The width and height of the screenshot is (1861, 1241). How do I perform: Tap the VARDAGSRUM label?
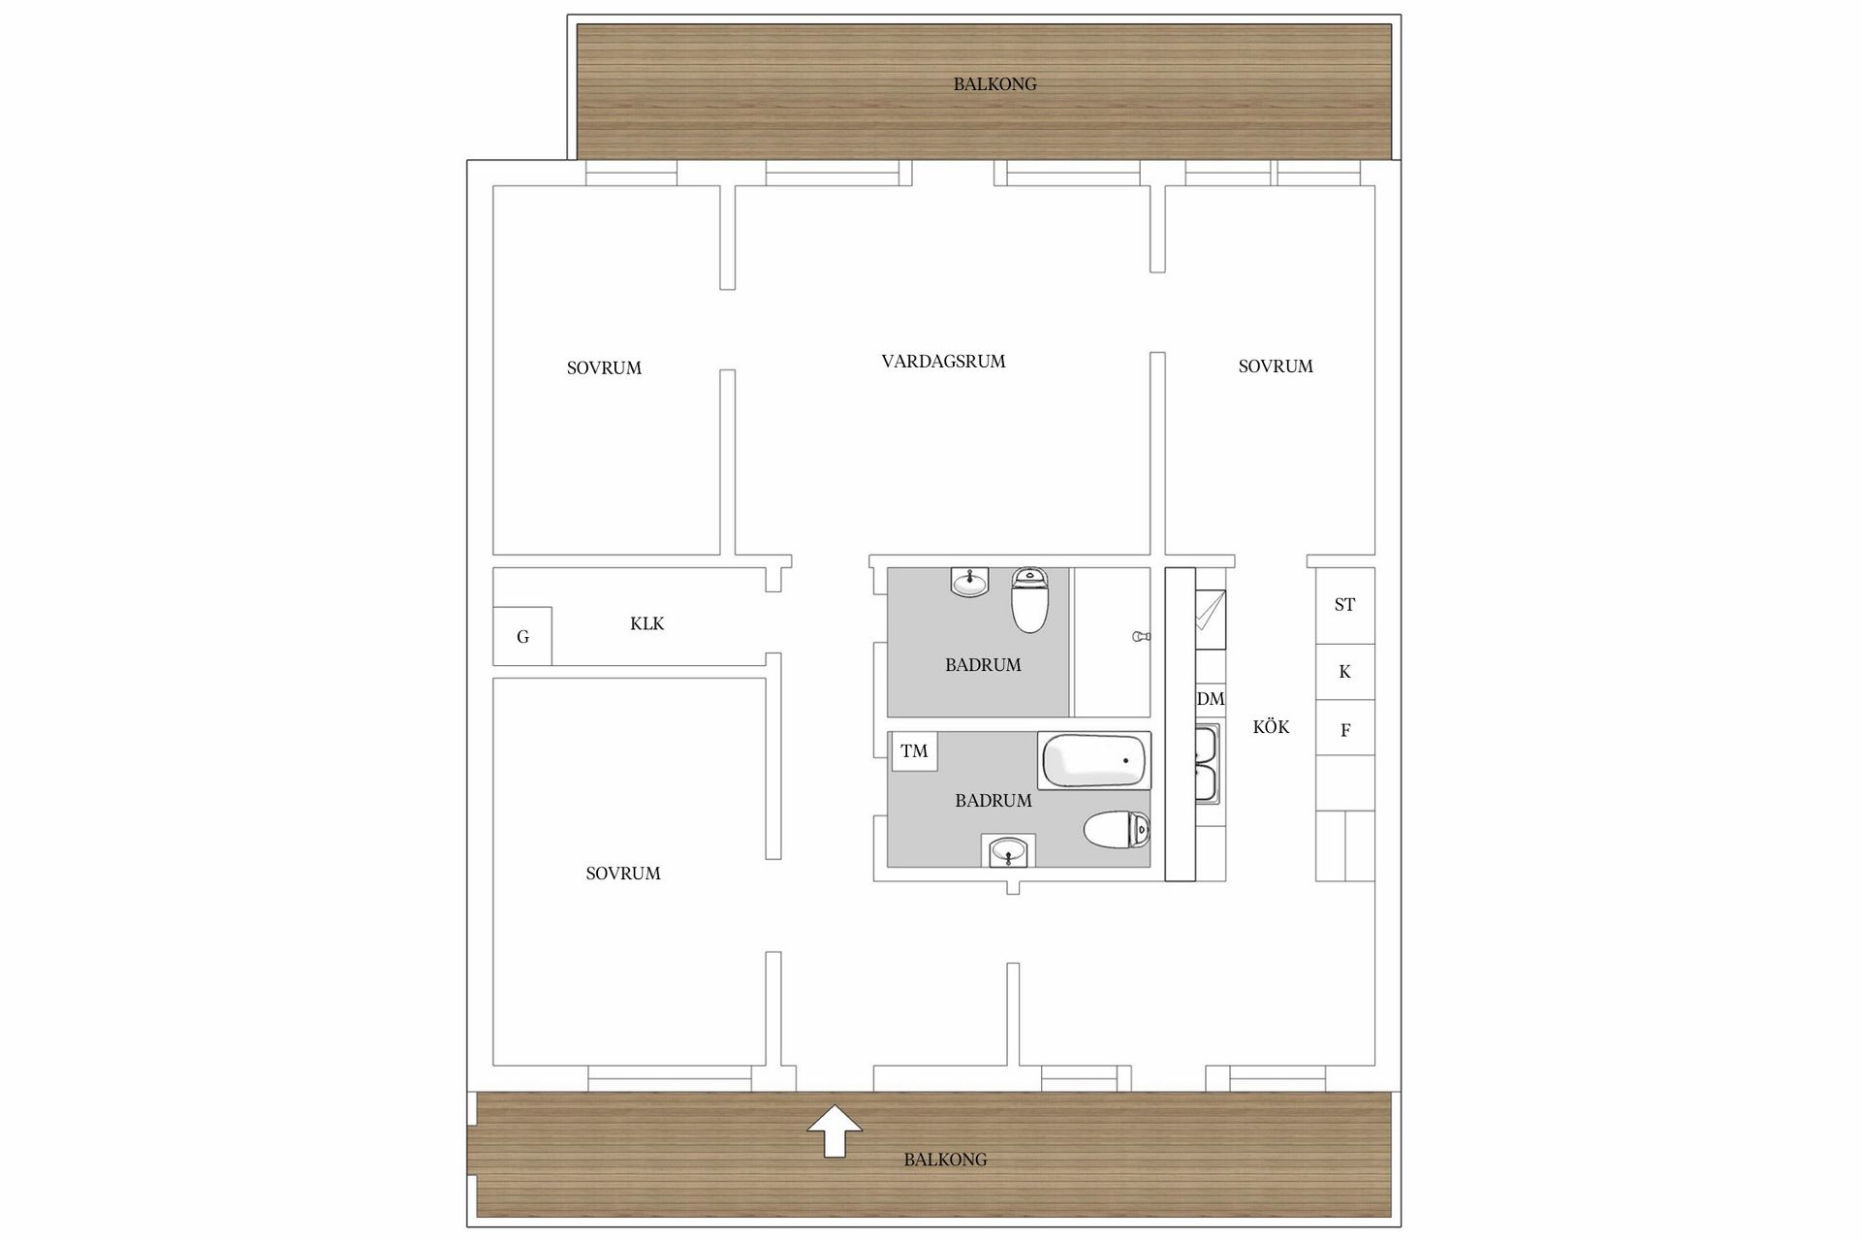[943, 362]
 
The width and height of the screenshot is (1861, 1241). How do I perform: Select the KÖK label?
[1271, 727]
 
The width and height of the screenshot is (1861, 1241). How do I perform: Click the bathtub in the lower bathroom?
[1093, 761]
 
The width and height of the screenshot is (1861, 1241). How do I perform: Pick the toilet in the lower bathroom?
[1116, 831]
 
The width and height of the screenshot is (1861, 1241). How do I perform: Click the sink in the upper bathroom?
[969, 583]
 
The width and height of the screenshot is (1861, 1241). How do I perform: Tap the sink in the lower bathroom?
[1009, 852]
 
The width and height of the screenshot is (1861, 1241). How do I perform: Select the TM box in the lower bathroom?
[914, 751]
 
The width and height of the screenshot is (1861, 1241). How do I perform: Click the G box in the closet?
[522, 637]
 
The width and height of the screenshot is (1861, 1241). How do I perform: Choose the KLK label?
[647, 623]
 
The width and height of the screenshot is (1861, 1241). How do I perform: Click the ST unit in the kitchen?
[1344, 605]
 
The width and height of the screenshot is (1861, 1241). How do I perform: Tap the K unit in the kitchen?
[1344, 672]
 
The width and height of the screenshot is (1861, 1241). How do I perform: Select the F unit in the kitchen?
[1344, 730]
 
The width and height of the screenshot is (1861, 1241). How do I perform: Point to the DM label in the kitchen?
[1211, 699]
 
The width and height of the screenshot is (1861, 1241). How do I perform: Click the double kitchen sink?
[1207, 764]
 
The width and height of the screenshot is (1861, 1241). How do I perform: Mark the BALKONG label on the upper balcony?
[994, 84]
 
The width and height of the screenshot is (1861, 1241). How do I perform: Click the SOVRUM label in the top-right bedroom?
[1276, 366]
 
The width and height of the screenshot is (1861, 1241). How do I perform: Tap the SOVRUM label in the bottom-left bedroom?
[623, 874]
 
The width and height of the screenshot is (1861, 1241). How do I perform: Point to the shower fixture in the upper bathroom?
[1141, 637]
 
